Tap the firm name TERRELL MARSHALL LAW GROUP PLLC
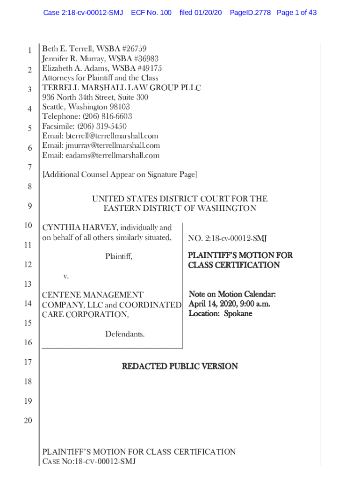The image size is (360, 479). pos(122,88)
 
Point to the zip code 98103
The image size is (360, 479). pos(120,107)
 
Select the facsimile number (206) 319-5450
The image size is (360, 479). pos(103,126)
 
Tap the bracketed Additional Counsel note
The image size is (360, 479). pos(120,175)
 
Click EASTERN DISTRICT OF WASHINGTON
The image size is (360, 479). pos(180,209)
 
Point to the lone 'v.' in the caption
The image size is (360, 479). pos(65,276)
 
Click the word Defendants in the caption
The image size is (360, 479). pos(125,334)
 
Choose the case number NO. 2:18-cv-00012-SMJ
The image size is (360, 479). pos(227,239)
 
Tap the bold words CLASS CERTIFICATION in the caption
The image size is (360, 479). pos(234,265)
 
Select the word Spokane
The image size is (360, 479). pos(238,313)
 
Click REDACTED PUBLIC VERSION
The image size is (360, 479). pos(180,366)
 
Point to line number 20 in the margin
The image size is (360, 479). pos(28,421)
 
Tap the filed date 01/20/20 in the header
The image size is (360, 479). pos(201,13)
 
